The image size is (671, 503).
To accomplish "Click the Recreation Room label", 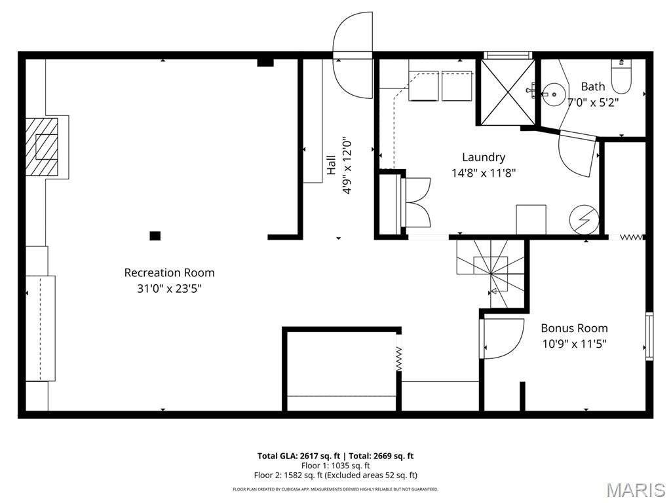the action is (170, 272).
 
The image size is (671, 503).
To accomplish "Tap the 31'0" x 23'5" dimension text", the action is (170, 289).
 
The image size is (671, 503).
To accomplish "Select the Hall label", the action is (331, 165).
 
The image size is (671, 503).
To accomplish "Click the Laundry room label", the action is (484, 157).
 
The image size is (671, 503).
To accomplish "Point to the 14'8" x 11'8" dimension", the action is (484, 173).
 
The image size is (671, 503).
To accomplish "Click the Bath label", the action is (593, 86).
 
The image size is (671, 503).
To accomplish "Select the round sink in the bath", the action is (554, 94).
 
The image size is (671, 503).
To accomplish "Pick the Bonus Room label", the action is (574, 328).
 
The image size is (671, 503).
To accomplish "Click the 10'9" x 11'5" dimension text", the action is (574, 343).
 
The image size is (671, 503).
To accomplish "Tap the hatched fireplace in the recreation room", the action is (41, 147).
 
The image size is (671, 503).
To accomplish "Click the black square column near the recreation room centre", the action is (155, 236).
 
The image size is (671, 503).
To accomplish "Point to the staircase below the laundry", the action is (490, 273).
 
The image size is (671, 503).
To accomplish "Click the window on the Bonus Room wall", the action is (649, 336).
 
